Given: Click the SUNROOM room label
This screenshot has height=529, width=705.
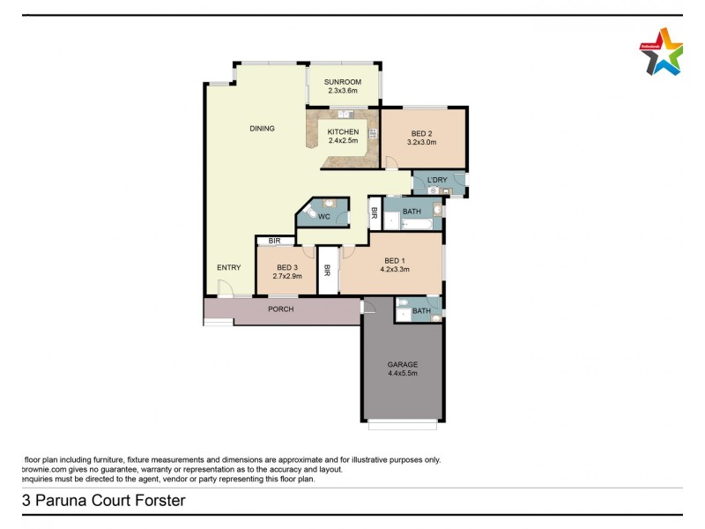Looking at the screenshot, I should (x=344, y=82).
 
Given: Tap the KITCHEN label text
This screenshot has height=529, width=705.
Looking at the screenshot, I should (x=343, y=132).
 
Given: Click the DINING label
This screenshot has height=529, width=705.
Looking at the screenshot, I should (x=262, y=129).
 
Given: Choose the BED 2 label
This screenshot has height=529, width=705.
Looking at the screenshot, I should (x=422, y=133).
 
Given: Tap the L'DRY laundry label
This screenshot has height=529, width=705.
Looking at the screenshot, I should (x=437, y=181).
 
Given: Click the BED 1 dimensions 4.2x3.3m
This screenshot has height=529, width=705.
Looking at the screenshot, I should (x=396, y=270).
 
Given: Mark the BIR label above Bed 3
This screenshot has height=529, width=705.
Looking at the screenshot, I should (x=274, y=240).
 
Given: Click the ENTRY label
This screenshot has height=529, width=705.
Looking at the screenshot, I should (x=228, y=267).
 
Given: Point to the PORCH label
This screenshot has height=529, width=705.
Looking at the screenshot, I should (x=281, y=309).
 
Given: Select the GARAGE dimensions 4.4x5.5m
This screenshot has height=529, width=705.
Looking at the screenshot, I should (x=402, y=373).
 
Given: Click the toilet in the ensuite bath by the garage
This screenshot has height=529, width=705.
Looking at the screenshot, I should (x=403, y=309).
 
